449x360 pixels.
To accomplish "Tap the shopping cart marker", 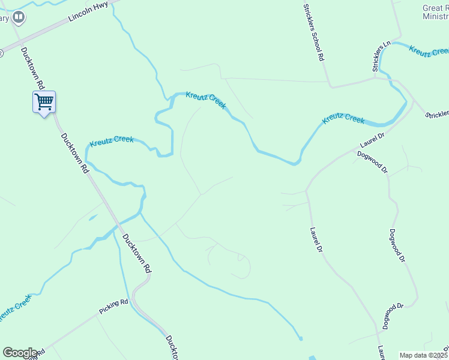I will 44,101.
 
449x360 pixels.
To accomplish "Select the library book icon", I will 19,17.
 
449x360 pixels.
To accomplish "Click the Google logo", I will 20,353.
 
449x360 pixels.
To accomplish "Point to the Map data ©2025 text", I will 424,355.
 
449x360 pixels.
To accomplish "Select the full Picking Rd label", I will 114,307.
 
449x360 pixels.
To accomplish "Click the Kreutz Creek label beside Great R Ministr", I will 428,50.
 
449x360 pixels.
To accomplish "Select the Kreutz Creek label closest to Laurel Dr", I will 343,119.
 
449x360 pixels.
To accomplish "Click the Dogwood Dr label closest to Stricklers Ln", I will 372,161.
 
